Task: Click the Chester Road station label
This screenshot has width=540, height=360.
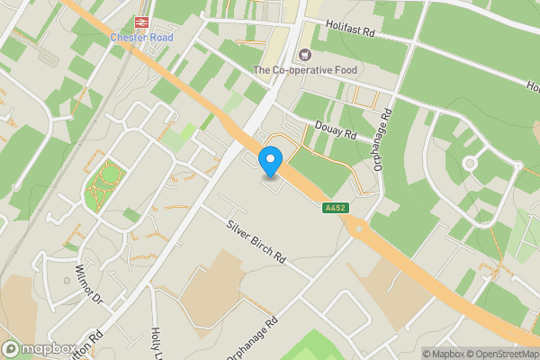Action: coord(142,38)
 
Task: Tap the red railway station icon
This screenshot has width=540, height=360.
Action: coord(142,22)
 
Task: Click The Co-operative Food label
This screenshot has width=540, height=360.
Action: coord(304,69)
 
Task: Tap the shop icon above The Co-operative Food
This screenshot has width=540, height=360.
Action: coord(305,55)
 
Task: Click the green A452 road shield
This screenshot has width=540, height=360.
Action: coord(334,208)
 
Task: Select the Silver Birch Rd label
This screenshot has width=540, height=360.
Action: coord(256,240)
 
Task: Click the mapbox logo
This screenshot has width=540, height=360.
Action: coord(38,349)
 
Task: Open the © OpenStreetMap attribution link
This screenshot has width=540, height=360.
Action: coord(500,353)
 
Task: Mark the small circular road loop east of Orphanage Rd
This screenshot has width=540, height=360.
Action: coord(469,164)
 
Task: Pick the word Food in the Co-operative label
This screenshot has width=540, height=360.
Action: coord(341,69)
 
